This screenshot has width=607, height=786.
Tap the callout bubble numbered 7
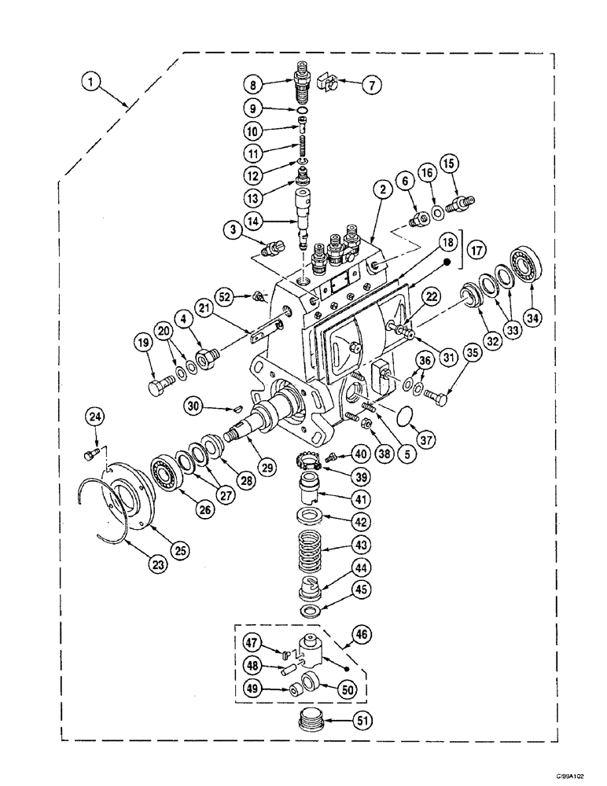pos(369,85)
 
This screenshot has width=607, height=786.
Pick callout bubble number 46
pos(364,632)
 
